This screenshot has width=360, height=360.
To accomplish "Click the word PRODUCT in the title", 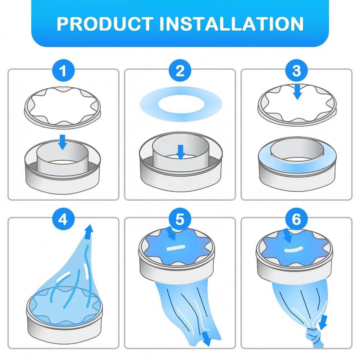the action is (105, 24).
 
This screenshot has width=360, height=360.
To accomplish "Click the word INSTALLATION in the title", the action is (231, 24).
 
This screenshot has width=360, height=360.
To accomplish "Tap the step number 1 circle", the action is (63, 70).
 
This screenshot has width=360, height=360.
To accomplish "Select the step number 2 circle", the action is (180, 70).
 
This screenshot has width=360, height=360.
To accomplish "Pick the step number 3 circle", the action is (296, 70).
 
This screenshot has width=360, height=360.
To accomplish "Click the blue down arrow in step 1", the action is (63, 142).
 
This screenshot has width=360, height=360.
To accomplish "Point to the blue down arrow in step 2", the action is (181, 152).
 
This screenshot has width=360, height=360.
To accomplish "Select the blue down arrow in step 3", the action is (297, 92).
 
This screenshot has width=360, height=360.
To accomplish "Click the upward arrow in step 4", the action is (89, 232).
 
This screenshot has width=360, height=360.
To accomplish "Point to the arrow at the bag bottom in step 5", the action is (206, 338).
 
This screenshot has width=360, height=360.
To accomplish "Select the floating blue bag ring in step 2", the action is (181, 103).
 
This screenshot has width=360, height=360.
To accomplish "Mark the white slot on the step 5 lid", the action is (176, 247).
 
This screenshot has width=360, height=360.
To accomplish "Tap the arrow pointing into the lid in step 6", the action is (287, 235).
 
